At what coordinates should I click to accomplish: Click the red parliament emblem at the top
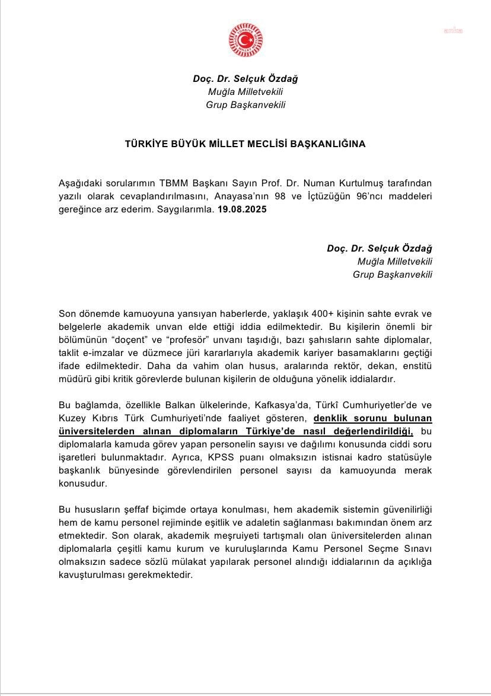click(245, 40)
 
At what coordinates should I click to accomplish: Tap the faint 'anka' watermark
click(454, 31)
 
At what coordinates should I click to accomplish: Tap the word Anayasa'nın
click(262, 196)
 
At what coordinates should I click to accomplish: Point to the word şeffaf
click(127, 510)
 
